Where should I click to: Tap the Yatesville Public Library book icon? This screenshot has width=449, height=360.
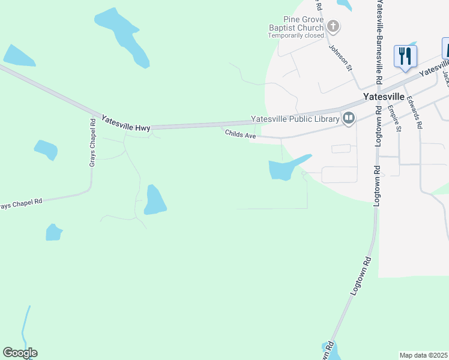point(348,118)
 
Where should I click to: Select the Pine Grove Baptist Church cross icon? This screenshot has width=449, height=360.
point(333,26)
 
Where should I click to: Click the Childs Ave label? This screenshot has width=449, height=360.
point(241,134)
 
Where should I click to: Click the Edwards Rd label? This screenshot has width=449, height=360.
point(414,112)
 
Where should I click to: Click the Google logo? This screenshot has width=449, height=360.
point(20,353)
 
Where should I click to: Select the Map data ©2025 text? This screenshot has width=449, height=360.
point(424,355)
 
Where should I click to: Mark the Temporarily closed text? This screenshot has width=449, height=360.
point(295,35)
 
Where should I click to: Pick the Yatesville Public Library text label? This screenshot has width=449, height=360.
point(295,119)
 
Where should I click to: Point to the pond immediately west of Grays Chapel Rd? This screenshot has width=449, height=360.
point(46,149)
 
